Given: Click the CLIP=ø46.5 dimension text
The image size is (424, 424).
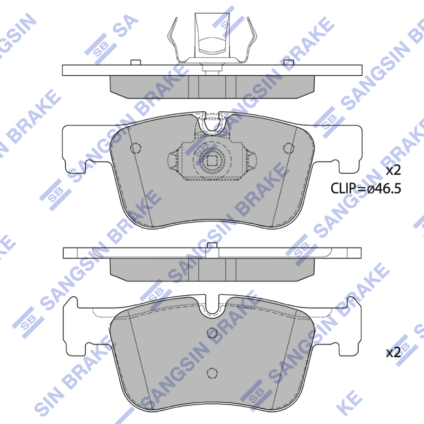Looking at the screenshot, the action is (366, 188).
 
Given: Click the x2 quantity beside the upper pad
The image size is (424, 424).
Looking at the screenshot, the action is (393, 171).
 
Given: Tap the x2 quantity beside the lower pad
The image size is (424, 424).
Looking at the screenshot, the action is (393, 352).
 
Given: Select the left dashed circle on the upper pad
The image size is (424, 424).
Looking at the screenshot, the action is (136, 148).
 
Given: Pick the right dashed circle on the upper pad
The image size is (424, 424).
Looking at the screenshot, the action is (288, 148).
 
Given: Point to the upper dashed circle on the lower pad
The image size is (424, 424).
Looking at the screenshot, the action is (213, 333).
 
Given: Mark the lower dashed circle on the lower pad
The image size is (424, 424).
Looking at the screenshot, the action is (213, 373).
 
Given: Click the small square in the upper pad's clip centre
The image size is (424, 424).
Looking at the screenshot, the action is (212, 161).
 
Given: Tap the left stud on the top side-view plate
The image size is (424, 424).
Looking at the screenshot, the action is (136, 63).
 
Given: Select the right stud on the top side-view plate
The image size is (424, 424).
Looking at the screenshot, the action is (288, 63).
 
